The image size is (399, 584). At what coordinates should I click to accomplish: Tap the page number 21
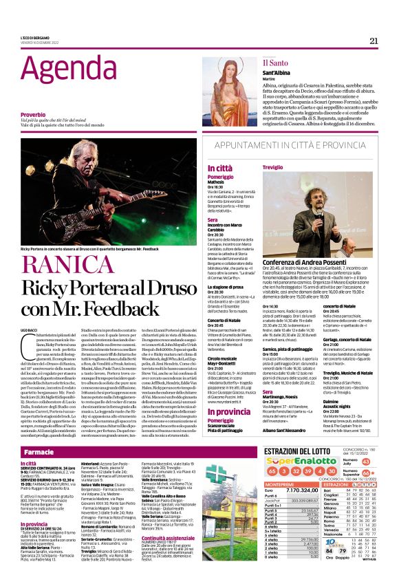coord(374,41)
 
